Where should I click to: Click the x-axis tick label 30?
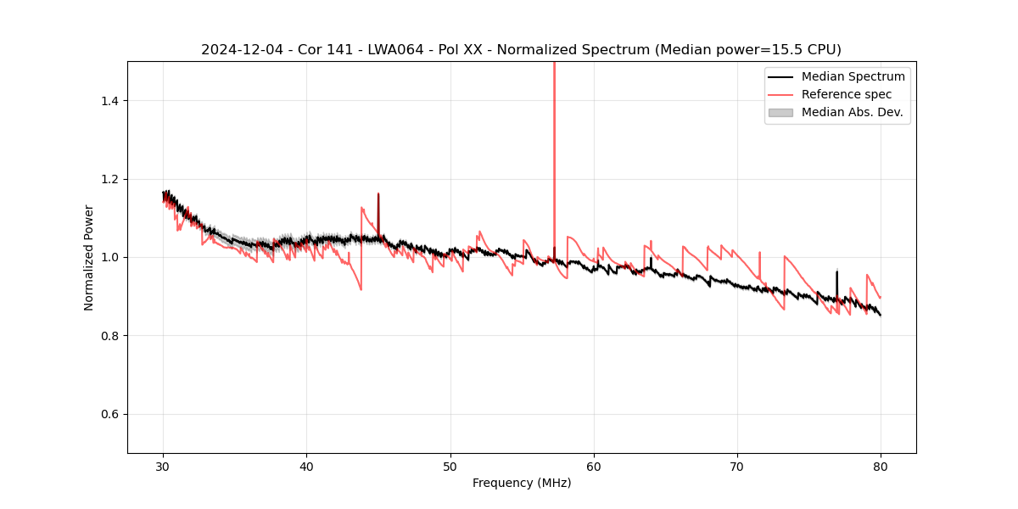(x=164, y=466)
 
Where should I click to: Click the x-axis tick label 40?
(x=307, y=466)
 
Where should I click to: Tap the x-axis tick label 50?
(x=450, y=466)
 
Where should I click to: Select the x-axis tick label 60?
(x=594, y=466)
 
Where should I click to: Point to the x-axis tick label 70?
(x=737, y=466)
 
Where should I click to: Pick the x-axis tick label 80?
(x=881, y=466)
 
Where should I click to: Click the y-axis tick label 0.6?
(x=109, y=414)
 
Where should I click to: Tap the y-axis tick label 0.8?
(x=109, y=336)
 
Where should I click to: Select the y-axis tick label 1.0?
(x=109, y=257)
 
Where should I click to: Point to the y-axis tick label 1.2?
(x=109, y=179)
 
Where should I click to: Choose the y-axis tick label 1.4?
(x=109, y=101)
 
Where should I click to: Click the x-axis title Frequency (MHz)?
(x=522, y=483)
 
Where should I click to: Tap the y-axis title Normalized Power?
(x=89, y=257)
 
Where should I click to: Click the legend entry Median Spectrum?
(x=853, y=76)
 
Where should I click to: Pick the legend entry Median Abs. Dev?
(x=852, y=112)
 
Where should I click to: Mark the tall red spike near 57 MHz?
(x=554, y=127)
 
